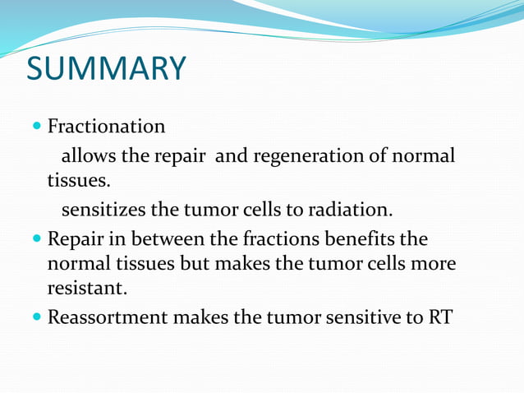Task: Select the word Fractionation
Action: (x=106, y=127)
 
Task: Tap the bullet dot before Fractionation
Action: (x=38, y=127)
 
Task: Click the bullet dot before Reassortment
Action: (x=38, y=317)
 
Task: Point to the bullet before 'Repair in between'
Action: (x=38, y=239)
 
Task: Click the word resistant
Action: (x=85, y=289)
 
